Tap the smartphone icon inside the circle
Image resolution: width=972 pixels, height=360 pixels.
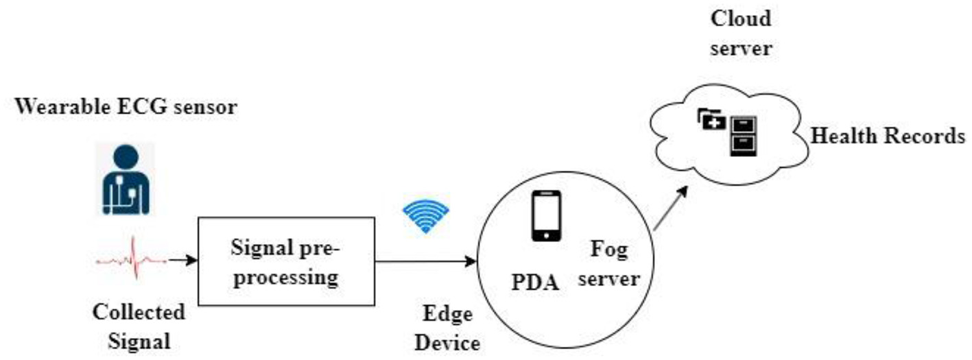point(546,216)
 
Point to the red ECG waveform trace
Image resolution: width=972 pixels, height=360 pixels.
point(130,260)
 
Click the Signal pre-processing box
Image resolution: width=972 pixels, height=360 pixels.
point(286,261)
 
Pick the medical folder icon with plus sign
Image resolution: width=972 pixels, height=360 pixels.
point(711,120)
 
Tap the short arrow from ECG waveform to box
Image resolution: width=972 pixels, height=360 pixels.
point(182,260)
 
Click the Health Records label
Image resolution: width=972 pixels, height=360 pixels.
point(888,136)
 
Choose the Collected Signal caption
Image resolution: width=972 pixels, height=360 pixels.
point(139,325)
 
